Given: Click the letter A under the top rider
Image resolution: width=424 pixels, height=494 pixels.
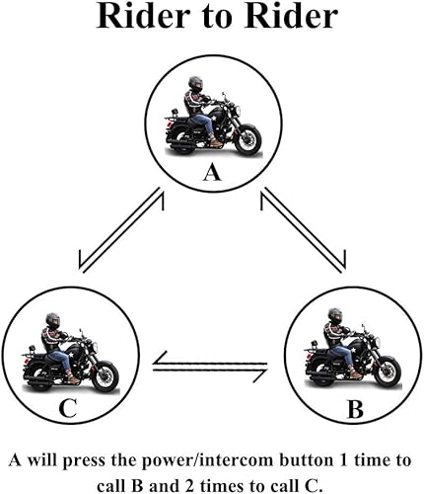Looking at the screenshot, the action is point(212,173).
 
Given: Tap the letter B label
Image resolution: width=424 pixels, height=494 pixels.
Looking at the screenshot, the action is point(356,409).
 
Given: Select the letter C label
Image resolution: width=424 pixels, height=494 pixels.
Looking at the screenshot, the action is point(68,408).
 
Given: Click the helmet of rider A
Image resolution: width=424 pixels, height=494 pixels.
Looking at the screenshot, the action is point(195,84).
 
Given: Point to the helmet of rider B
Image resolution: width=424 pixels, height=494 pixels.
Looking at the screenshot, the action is point(335,315).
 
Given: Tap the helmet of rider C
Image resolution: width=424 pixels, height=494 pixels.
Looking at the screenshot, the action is point(53,320).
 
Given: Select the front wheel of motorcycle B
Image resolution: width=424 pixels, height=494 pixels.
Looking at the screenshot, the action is point(388,370).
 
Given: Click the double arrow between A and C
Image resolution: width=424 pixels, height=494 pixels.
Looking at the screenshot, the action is point(121,230).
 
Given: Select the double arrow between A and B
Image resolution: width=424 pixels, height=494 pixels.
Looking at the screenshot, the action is point(304,230).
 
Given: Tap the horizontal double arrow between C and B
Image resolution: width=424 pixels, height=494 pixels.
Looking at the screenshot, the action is point(210,368).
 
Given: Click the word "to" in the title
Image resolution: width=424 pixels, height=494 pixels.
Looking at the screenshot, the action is point(216,17).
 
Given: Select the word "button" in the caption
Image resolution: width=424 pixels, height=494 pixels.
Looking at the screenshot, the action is point(307,460).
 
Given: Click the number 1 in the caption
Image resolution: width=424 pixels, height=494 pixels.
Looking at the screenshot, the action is point(343,460).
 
